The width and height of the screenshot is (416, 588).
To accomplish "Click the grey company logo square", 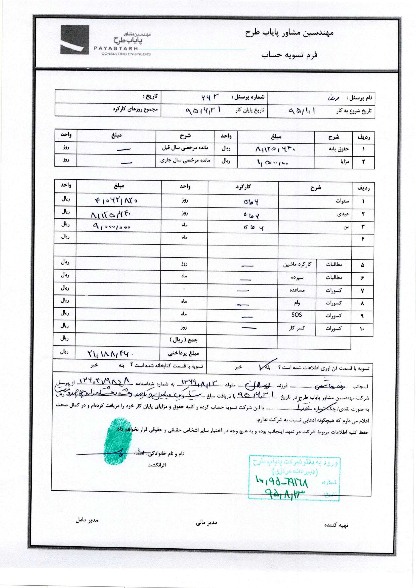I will coord(74,40).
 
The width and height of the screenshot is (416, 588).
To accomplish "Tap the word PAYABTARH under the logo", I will coord(116,48).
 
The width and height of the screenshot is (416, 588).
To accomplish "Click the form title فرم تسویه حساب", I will coord(289,55).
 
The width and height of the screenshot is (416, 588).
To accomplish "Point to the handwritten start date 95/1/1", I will coord(302,111).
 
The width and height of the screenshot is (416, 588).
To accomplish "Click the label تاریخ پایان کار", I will coord(250,110).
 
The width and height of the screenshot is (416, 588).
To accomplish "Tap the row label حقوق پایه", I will coord(339,149).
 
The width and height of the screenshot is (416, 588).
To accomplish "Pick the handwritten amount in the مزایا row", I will coord(273,162).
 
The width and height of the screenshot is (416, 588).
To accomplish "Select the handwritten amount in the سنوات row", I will coord(116,201).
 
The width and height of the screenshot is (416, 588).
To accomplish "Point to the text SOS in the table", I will coord(297,314).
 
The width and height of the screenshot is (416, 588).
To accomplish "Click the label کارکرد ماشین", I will coord(297,264).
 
